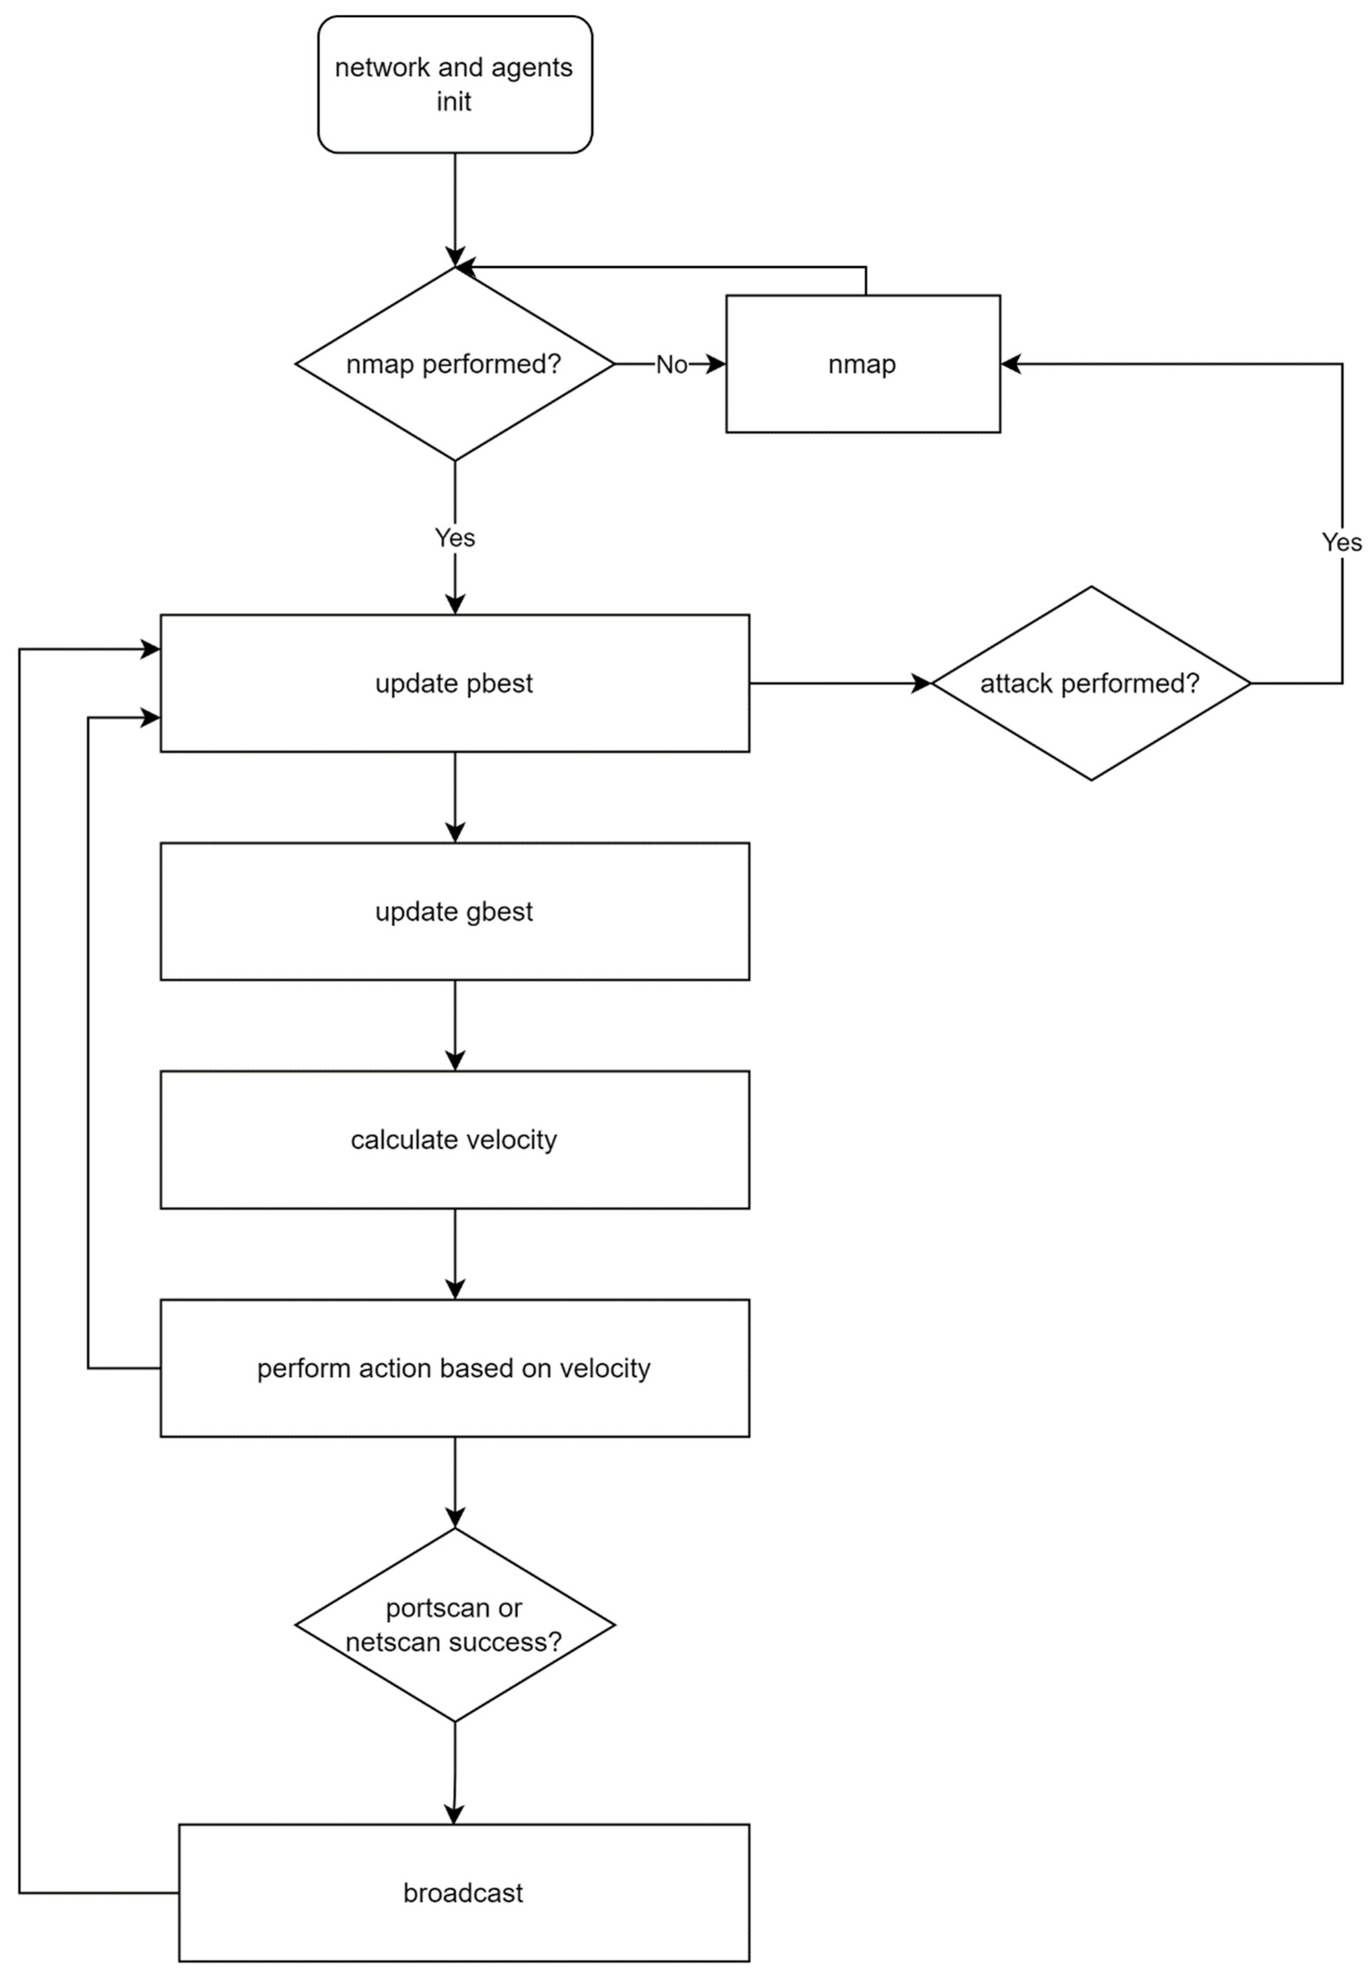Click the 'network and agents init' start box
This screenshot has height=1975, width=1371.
(x=454, y=84)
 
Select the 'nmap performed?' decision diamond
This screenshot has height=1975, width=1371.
(x=454, y=364)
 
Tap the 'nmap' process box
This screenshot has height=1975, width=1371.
(x=862, y=364)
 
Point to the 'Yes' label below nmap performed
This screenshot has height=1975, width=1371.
(x=454, y=538)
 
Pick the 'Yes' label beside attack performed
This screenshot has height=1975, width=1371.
(x=1341, y=542)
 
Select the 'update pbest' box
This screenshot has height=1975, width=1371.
(x=454, y=684)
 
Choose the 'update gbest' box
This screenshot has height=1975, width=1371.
(x=454, y=911)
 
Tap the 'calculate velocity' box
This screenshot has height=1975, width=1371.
(x=454, y=1140)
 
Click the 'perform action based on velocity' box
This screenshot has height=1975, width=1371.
(x=454, y=1369)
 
